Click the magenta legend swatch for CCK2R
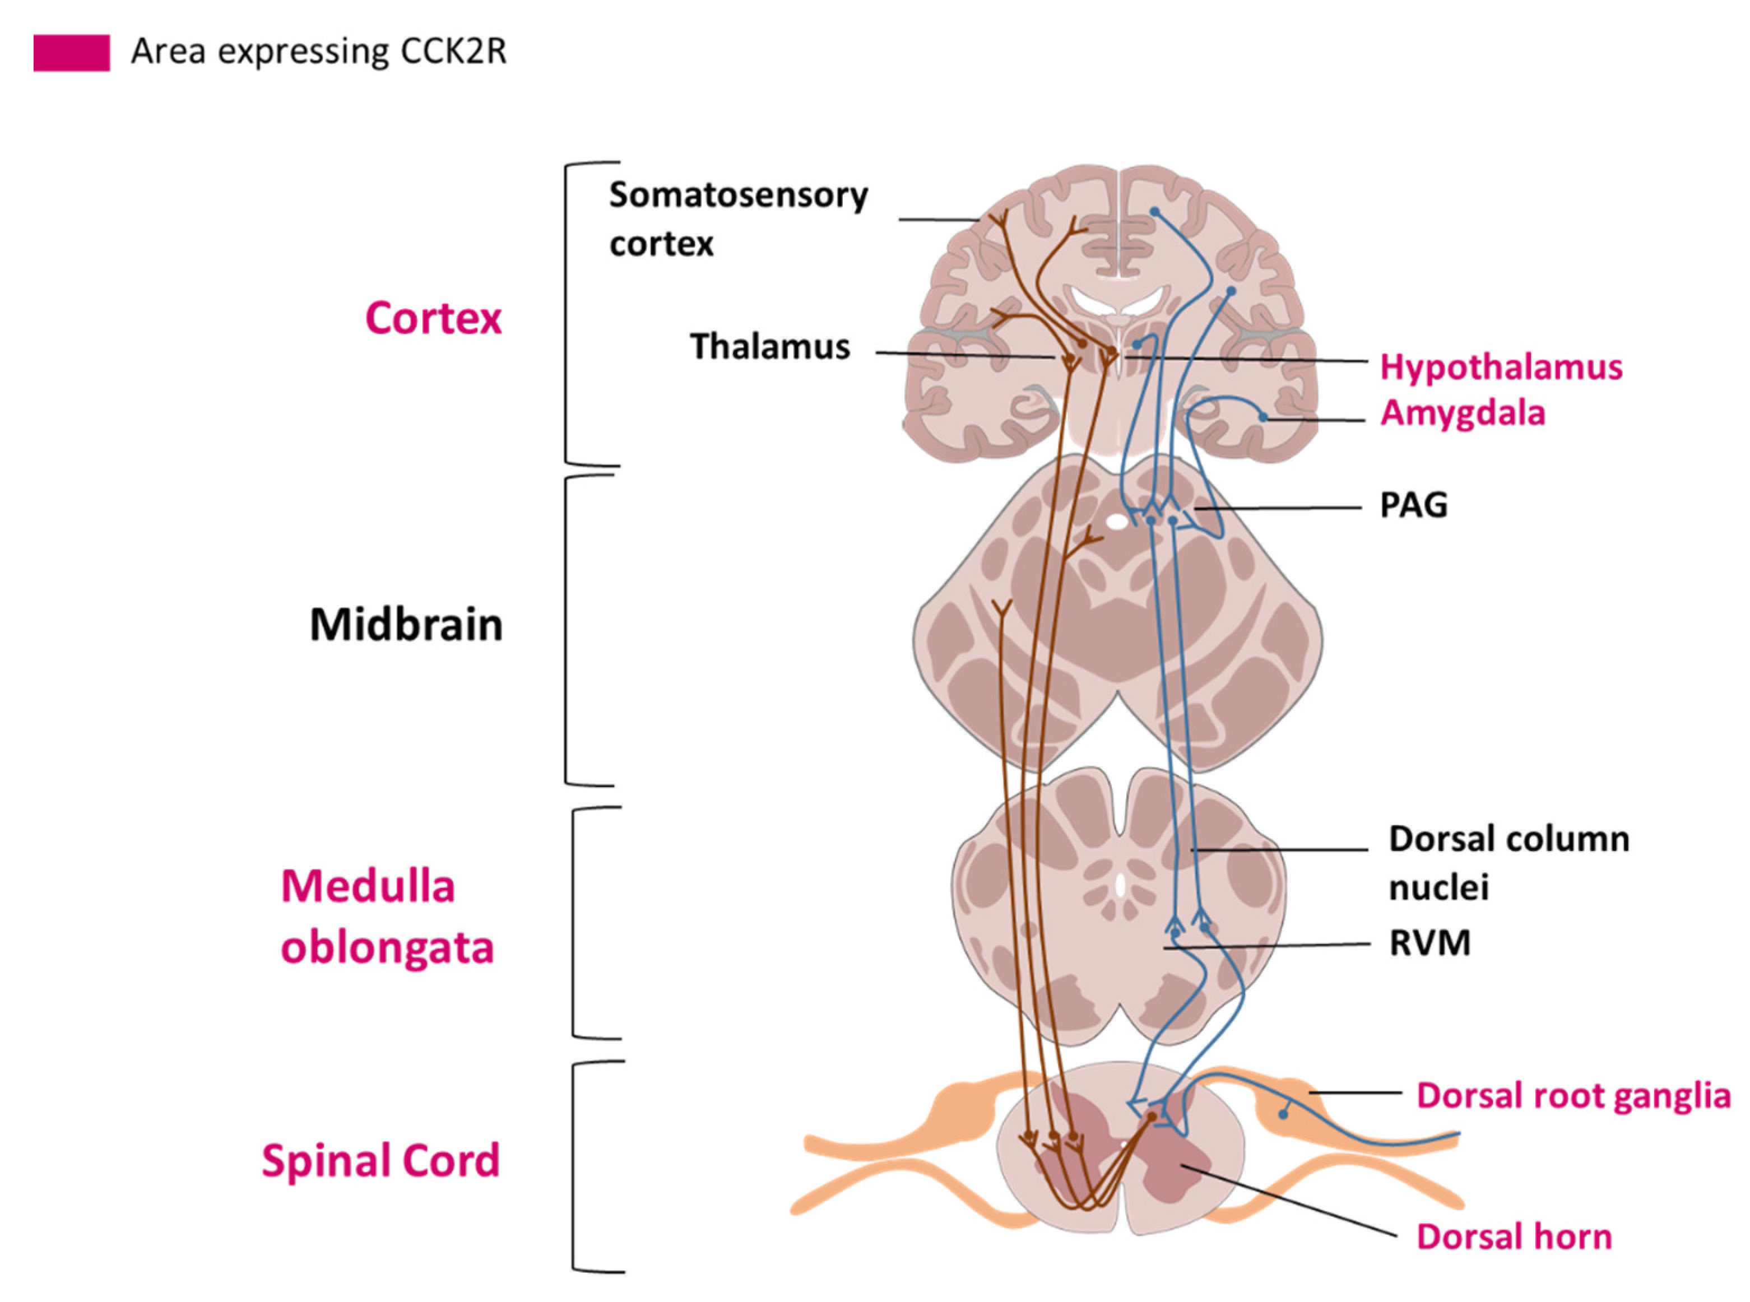click(71, 53)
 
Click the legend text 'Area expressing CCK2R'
click(318, 52)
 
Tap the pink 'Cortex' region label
click(433, 318)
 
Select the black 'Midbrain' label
click(406, 625)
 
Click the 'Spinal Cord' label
click(380, 1161)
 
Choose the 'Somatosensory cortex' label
click(738, 219)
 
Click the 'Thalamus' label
click(770, 347)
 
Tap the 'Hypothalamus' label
click(1501, 368)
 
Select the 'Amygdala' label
click(1463, 413)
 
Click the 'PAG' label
click(1413, 505)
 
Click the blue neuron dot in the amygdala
click(1263, 417)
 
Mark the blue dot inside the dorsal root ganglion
click(1283, 1114)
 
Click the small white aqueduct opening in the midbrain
click(1116, 521)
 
